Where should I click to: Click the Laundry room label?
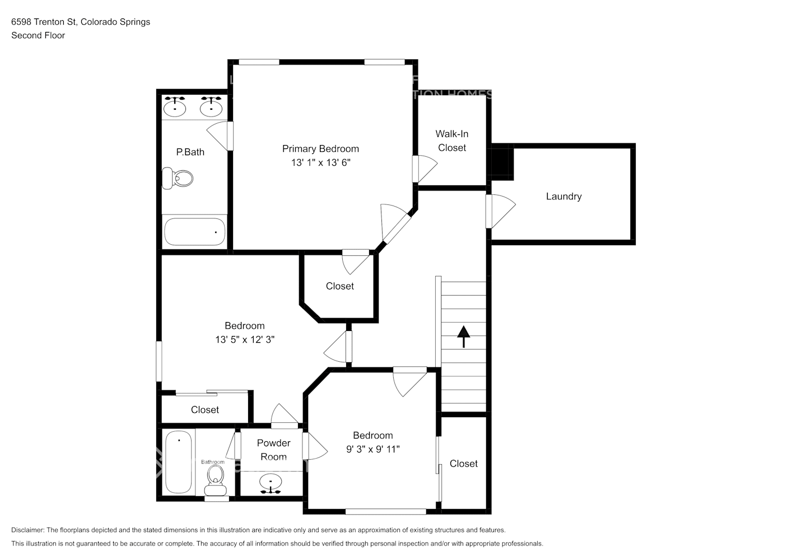pos(563,197)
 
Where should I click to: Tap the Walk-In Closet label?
pos(451,141)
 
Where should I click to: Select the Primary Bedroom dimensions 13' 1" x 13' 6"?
pos(320,163)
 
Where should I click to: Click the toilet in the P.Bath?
pos(178,179)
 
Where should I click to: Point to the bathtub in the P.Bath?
pos(194,232)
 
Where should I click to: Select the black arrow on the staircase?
pos(463,335)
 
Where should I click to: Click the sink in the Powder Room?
pos(272,483)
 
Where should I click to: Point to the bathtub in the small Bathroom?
pos(179,461)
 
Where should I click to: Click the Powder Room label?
pos(273,450)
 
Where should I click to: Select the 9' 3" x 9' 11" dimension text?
pos(372,449)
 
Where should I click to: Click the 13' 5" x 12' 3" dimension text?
pos(244,340)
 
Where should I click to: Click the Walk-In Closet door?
pos(424,169)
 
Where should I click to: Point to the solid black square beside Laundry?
pos(502,162)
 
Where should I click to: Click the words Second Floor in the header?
pos(38,35)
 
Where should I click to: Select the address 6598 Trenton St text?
pos(44,22)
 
